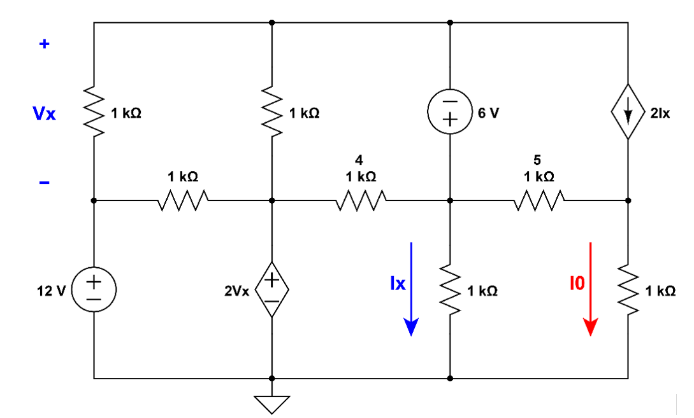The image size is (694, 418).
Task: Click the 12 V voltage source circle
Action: tap(94, 289)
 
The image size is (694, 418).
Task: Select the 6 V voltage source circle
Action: tap(450, 112)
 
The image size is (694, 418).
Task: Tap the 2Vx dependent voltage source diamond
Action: tap(271, 289)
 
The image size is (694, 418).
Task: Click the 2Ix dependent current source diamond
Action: tap(628, 112)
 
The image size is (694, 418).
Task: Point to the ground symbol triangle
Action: tap(271, 403)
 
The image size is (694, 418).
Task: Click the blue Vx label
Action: tap(45, 114)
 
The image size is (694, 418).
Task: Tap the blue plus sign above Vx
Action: tap(44, 45)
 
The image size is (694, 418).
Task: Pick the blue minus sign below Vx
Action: tap(44, 183)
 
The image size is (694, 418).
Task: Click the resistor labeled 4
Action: tap(361, 200)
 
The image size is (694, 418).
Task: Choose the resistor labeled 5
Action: tap(539, 200)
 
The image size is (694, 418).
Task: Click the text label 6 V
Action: tap(489, 113)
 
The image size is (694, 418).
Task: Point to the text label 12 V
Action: tap(52, 291)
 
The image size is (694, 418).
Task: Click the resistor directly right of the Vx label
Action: tap(94, 112)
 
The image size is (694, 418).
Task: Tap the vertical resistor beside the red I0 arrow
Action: tap(628, 289)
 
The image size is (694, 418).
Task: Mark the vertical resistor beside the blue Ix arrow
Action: tap(450, 289)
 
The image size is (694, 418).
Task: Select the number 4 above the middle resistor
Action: tap(360, 160)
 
